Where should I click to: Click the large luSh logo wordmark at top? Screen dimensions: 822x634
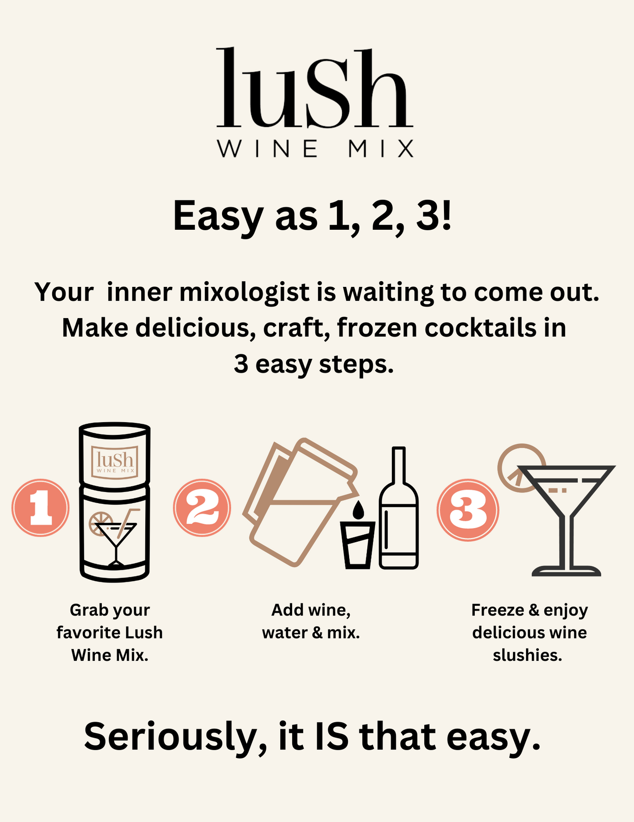coord(314,88)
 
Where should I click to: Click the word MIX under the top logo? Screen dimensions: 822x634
coord(381,148)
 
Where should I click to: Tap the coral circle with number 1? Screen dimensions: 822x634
coord(40,508)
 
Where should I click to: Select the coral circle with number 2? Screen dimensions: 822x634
coord(202,508)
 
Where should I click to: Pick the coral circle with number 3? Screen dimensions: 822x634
coord(468,510)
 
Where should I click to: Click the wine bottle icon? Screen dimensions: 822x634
coord(398,514)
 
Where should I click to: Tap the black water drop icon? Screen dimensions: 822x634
coord(358,510)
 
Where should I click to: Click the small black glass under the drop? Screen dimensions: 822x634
coord(358,545)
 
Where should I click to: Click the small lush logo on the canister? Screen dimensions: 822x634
coord(115,462)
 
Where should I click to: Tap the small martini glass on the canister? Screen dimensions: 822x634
coord(115,540)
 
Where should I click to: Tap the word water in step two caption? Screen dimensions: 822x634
coord(284,633)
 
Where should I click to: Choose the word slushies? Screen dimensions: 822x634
coord(527,655)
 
